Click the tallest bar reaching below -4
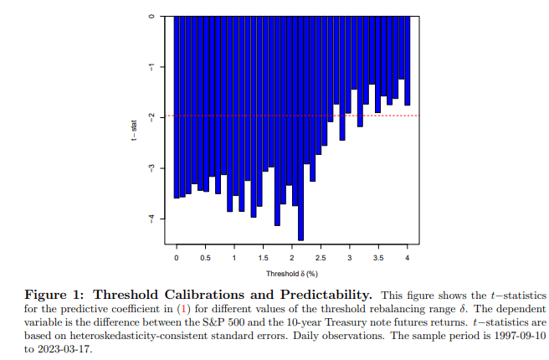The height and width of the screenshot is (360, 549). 300,126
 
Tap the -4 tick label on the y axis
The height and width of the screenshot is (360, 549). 150,219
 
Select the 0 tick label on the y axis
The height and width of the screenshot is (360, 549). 150,16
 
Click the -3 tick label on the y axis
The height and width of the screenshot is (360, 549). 150,168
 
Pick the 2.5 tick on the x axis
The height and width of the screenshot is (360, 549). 321,248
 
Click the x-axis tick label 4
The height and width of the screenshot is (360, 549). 408,258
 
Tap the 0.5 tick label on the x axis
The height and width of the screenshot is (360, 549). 205,258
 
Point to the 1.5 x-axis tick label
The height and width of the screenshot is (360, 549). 263,258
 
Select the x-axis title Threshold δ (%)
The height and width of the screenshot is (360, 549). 292,274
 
